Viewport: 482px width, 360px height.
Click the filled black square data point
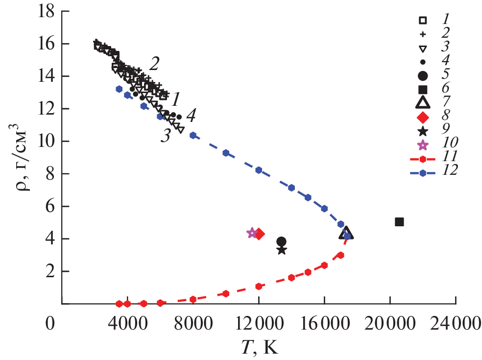pos(399,222)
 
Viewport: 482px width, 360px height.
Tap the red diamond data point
pos(259,234)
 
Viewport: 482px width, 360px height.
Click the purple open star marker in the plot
pos(252,233)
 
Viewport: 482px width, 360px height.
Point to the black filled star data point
pos(282,250)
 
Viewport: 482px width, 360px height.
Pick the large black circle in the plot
pos(281,241)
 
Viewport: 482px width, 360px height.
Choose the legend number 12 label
pos(448,171)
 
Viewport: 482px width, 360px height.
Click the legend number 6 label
pos(447,90)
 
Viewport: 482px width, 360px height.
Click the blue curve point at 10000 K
pos(226,153)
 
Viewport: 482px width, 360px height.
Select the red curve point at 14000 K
pos(291,277)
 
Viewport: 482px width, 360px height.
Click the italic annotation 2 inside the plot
pos(154,63)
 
